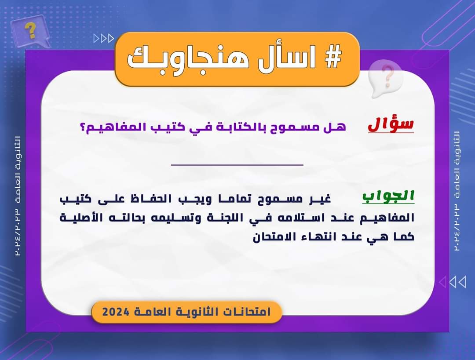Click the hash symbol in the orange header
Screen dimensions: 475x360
333,57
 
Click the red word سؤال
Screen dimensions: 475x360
391,124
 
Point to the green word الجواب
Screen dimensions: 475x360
388,196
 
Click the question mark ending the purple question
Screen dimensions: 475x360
83,126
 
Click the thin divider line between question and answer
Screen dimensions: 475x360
237,165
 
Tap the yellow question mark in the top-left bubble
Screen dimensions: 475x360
30,30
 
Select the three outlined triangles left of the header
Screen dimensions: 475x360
104,38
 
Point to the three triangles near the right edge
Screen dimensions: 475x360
453,282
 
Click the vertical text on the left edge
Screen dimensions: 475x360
18,196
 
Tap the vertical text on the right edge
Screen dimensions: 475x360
457,191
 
